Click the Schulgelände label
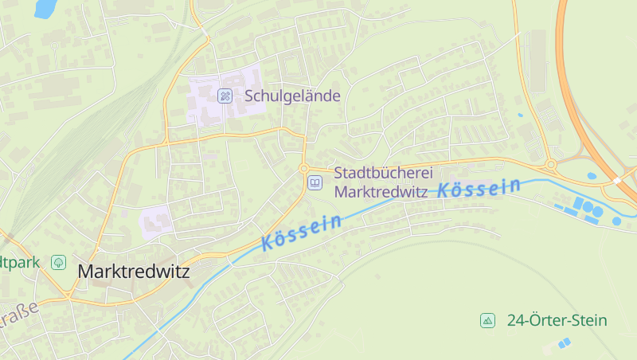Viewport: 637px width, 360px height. click(292, 96)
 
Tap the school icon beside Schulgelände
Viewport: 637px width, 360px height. click(225, 96)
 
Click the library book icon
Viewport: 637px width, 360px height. click(315, 184)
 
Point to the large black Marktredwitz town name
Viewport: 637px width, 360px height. click(134, 272)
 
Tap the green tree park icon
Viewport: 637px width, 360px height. click(58, 262)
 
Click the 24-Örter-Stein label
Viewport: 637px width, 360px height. click(557, 321)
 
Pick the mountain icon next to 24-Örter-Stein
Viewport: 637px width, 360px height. click(487, 321)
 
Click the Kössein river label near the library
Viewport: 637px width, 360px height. click(302, 232)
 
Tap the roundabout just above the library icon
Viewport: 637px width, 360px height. click(303, 168)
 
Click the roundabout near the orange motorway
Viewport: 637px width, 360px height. click(550, 166)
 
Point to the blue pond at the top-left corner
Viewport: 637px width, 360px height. click(45, 8)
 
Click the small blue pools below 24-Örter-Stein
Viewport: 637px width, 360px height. click(564, 343)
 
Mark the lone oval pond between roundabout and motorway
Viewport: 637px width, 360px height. click(592, 176)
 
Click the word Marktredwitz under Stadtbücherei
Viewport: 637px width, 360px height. click(382, 192)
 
